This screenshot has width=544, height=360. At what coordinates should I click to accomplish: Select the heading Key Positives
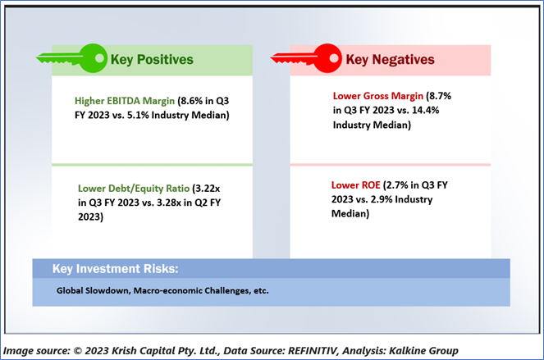pos(152,60)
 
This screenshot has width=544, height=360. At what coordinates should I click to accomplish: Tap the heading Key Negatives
pos(390,60)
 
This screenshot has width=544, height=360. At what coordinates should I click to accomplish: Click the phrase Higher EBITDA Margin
pos(125,101)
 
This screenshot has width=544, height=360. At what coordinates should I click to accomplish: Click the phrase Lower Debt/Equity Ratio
pos(134,189)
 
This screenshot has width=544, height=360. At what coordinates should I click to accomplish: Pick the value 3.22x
pos(208,189)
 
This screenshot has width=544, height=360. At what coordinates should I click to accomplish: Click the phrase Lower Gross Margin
pos(377,96)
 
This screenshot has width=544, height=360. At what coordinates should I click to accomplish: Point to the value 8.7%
pos(441,96)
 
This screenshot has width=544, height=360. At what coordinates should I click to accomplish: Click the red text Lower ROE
pos(355,185)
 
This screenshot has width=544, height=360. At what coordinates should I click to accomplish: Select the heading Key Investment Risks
pos(115,269)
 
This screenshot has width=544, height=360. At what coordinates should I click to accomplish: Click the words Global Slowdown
pos(94,290)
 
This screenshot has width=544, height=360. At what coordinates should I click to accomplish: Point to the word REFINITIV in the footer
pos(313,351)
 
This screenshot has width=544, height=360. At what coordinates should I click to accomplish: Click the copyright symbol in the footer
pos(78,351)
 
